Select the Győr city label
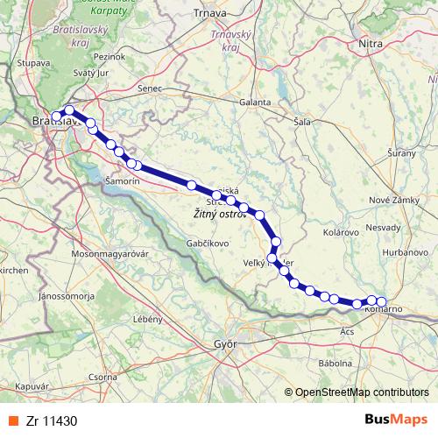coord(227,344)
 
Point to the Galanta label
coord(255,102)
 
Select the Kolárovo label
coord(339,233)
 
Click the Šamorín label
coord(122,180)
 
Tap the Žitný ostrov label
coord(219,214)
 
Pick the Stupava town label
coord(32,63)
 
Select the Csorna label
coord(102,377)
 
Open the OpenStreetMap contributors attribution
coord(361,392)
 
